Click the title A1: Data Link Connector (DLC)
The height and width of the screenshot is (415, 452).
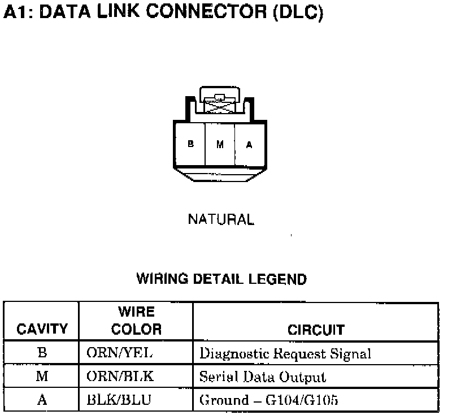[x=163, y=13]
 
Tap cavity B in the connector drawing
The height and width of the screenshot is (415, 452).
[x=190, y=144]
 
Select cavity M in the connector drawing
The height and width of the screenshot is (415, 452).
[x=220, y=144]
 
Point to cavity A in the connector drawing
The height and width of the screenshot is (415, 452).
[x=249, y=144]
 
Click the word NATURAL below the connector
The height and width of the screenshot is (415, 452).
[x=221, y=219]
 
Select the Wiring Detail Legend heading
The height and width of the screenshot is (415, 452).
[x=221, y=279]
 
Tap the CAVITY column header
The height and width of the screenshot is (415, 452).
[x=42, y=329]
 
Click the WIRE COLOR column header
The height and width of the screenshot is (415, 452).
[x=136, y=321]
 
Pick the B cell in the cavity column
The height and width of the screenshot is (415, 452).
[x=42, y=353]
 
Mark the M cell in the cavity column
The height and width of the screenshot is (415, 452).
[x=42, y=377]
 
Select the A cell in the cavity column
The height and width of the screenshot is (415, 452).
[x=42, y=400]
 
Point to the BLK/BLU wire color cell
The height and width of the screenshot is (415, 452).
[x=119, y=400]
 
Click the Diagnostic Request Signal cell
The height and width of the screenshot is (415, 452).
[x=285, y=355]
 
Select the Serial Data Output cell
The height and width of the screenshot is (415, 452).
[x=263, y=377]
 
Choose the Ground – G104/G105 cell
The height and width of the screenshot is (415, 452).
[x=269, y=400]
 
